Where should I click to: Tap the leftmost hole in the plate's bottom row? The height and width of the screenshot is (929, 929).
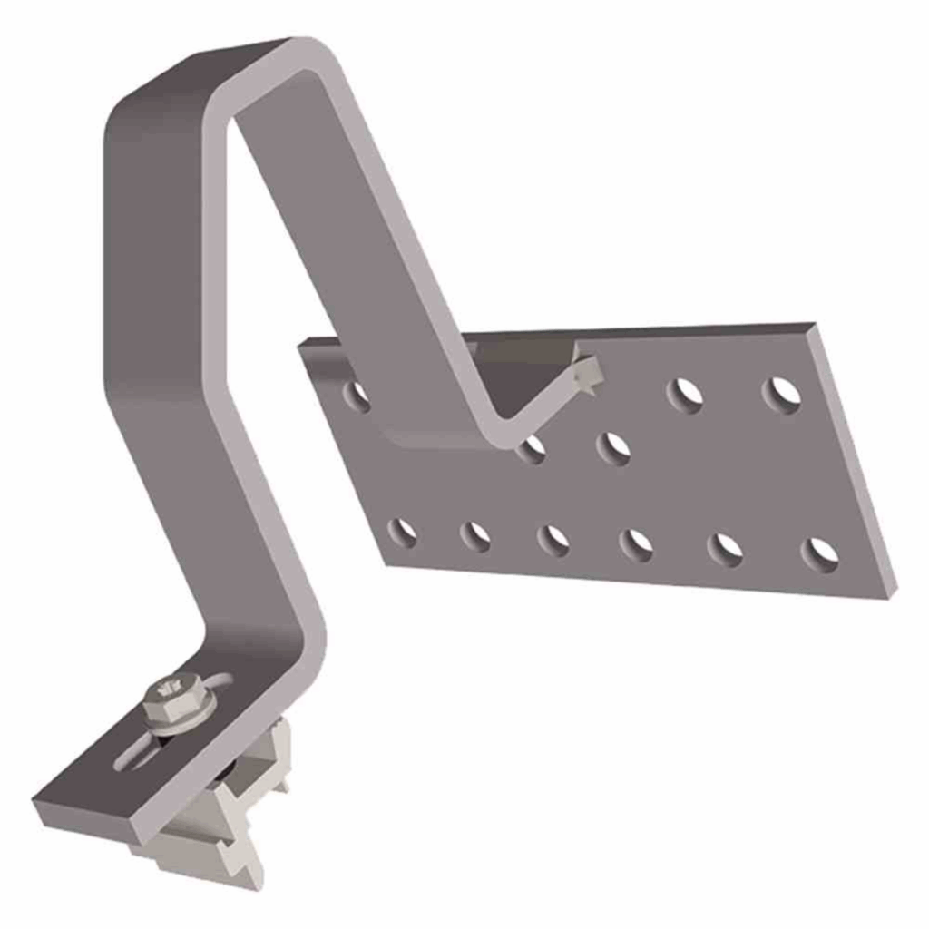click(402, 533)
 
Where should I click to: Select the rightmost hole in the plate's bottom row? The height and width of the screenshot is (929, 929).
click(820, 553)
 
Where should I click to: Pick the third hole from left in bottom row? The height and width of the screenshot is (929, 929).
click(553, 540)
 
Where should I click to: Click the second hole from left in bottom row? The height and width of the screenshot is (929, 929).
click(475, 536)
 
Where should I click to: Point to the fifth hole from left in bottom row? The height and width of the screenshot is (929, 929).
click(725, 549)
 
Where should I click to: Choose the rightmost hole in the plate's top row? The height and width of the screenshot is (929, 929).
click(782, 395)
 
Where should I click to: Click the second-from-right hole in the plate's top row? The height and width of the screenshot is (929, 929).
click(685, 395)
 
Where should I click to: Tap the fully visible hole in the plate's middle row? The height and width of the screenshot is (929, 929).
click(614, 447)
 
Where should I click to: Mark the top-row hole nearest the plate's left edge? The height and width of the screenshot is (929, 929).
click(357, 395)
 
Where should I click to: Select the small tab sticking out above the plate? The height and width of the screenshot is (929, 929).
click(588, 373)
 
